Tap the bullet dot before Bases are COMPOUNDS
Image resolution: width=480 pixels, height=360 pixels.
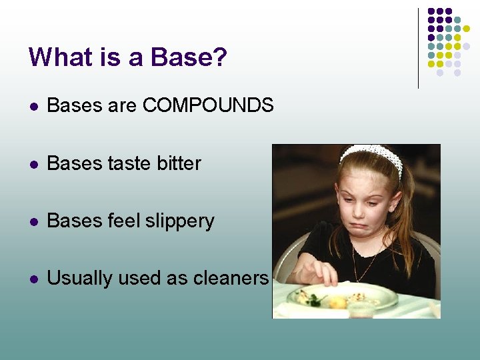[x=32, y=106]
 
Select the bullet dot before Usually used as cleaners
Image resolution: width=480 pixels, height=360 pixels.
[x=32, y=279]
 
